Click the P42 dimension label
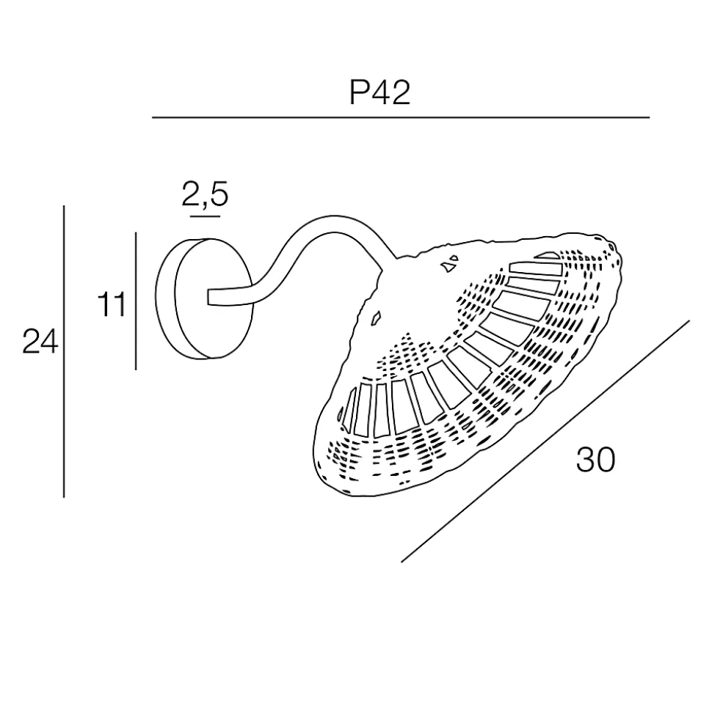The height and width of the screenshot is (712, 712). tap(379, 92)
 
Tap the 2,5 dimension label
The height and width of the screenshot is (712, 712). tap(205, 194)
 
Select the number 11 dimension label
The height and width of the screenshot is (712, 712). tap(112, 305)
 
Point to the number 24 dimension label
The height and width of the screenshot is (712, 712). tap(40, 342)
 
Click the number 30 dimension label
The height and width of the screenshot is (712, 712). tap(595, 460)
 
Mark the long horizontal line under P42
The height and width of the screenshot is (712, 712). tap(401, 117)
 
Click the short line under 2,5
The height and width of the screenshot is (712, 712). tap(205, 216)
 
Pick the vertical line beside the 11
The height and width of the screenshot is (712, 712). tap(136, 301)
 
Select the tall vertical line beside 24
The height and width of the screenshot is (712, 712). tap(64, 351)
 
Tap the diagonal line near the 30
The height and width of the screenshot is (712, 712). tap(545, 441)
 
